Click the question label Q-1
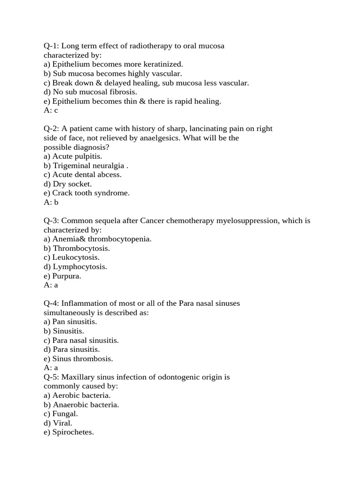point(51,46)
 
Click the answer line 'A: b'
point(51,202)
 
